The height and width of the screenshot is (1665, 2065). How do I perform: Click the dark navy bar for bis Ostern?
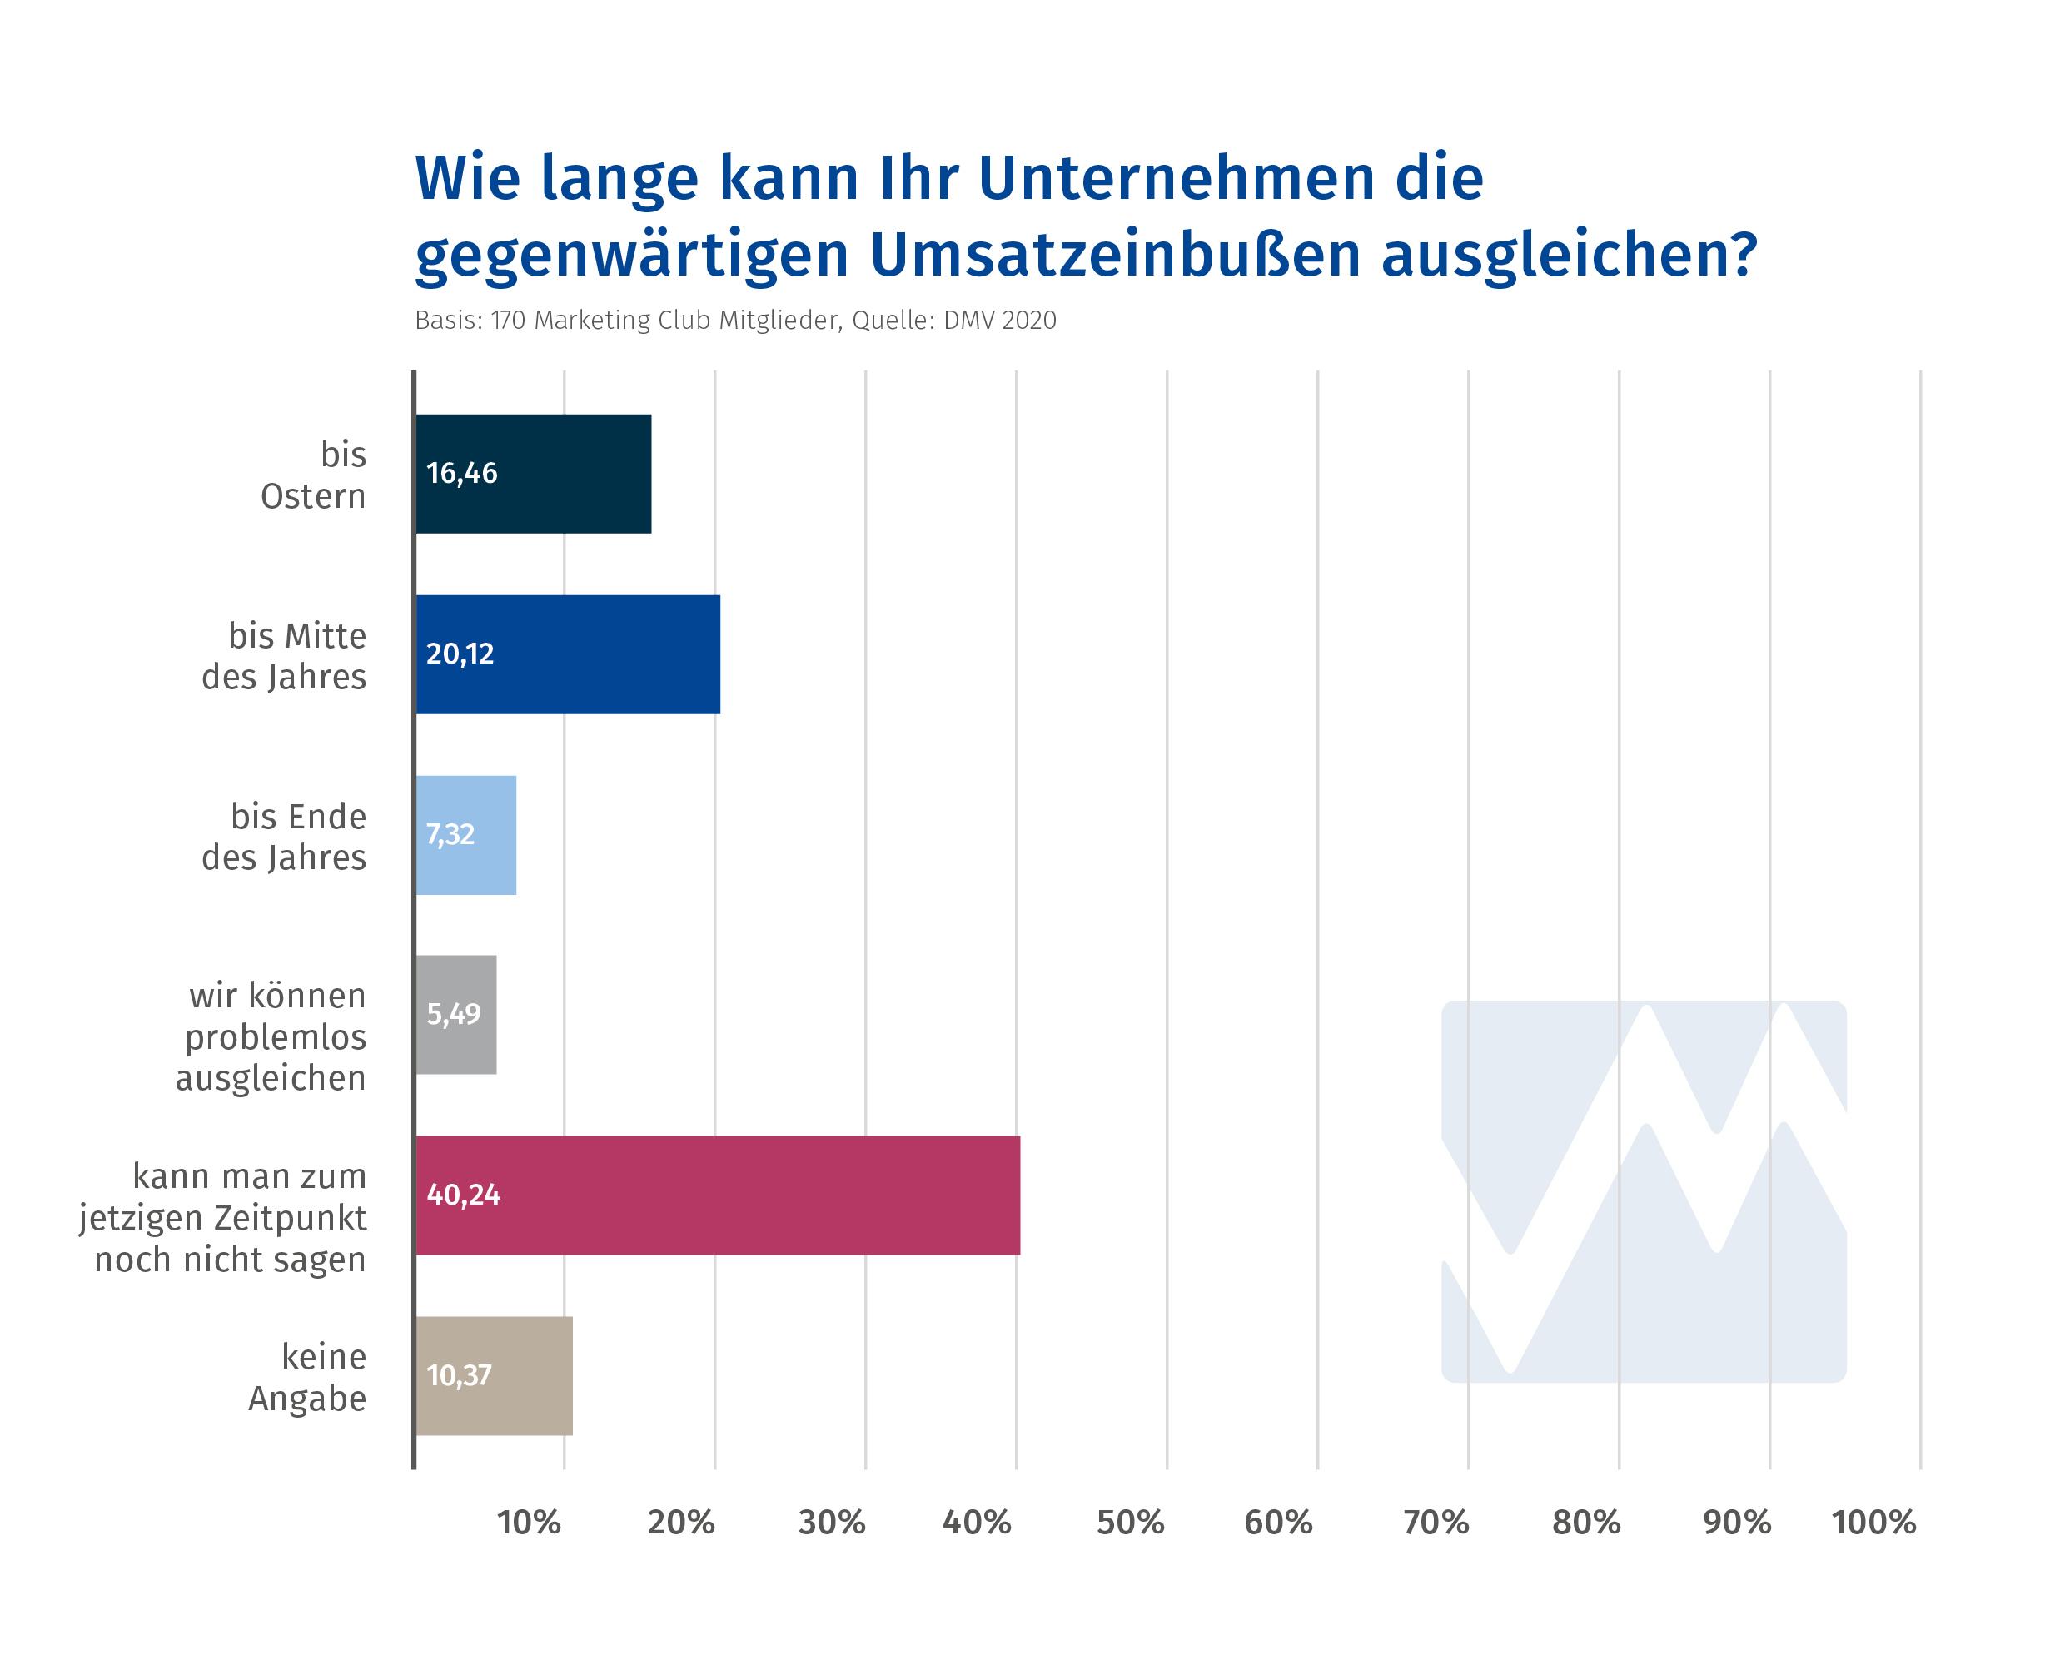[x=533, y=474]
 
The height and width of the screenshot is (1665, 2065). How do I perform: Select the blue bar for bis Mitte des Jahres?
[x=568, y=654]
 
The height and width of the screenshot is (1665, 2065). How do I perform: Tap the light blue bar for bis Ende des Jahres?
[x=466, y=835]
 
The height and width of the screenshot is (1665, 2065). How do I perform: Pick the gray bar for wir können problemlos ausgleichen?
[x=456, y=1015]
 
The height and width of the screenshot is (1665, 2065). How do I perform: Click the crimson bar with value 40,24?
[x=719, y=1195]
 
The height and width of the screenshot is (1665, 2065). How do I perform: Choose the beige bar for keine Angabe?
[x=494, y=1376]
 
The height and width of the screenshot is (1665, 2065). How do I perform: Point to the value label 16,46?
[x=461, y=474]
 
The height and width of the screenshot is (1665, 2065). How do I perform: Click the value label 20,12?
[x=460, y=654]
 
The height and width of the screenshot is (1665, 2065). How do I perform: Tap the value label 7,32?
[x=450, y=835]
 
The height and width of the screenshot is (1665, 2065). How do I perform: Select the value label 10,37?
[x=459, y=1376]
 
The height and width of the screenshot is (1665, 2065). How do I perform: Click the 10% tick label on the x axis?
[x=529, y=1523]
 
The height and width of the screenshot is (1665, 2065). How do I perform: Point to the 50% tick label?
[x=1131, y=1523]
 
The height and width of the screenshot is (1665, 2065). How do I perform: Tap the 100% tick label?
[x=1874, y=1523]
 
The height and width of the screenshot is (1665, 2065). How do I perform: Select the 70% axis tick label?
[x=1436, y=1523]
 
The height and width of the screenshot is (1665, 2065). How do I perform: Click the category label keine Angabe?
[x=308, y=1377]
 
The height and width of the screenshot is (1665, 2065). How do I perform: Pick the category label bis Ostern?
[x=314, y=475]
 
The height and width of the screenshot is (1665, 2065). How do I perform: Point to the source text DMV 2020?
[x=999, y=321]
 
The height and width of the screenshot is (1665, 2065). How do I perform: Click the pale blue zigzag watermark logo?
[x=1644, y=1191]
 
